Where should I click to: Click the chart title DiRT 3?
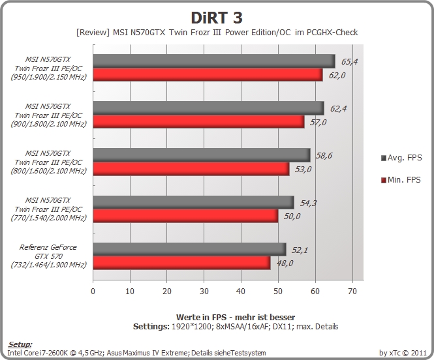(217, 18)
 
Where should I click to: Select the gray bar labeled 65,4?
(214, 61)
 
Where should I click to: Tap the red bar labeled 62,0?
(208, 74)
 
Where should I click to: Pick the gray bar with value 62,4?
(208, 108)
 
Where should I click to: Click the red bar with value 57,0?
(199, 122)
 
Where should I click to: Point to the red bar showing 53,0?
(191, 169)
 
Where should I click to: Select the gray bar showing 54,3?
(193, 202)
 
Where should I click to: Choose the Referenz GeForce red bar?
(182, 263)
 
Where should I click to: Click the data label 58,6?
(324, 156)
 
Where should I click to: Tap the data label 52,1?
(300, 250)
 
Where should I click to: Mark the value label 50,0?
(292, 216)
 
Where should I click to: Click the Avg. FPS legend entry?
(401, 158)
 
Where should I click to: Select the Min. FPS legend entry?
(401, 180)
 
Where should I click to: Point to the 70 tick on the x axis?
(352, 291)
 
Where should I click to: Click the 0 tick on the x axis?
(93, 291)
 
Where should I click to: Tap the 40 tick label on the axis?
(241, 291)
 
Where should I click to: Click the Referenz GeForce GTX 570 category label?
(48, 256)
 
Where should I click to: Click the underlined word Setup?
(20, 344)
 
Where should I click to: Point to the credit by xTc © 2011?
(403, 353)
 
